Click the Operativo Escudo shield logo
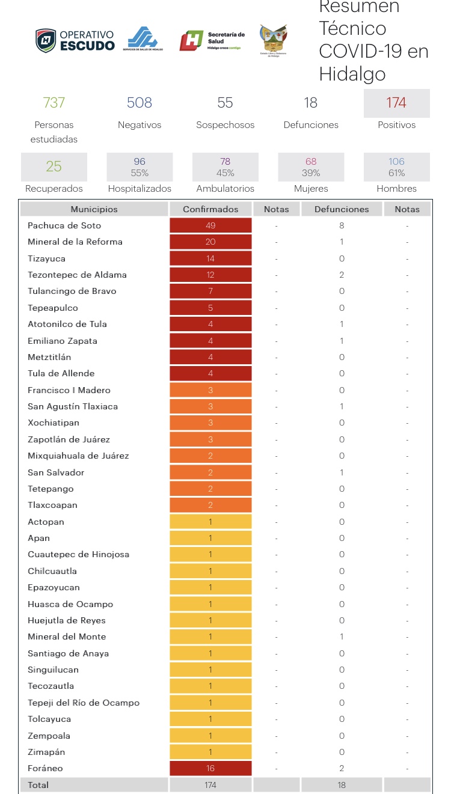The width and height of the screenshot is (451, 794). pyautogui.click(x=46, y=40)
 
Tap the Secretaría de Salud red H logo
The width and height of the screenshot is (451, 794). pyautogui.click(x=191, y=40)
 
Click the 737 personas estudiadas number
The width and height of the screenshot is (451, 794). pyautogui.click(x=54, y=103)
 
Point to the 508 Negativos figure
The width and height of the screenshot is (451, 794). pyautogui.click(x=140, y=103)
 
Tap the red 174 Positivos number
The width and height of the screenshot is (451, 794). pyautogui.click(x=396, y=103)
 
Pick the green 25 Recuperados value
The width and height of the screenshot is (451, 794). pyautogui.click(x=54, y=166)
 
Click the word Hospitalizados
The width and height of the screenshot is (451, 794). pyautogui.click(x=140, y=189)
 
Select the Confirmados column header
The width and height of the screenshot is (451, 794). pyautogui.click(x=210, y=209)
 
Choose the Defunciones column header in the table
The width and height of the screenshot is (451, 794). pyautogui.click(x=342, y=209)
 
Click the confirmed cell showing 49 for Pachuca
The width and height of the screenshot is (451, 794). pyautogui.click(x=210, y=225)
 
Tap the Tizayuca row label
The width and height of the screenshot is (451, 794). pyautogui.click(x=46, y=258)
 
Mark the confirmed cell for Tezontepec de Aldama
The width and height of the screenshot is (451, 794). pyautogui.click(x=210, y=275)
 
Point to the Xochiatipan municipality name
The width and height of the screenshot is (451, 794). pyautogui.click(x=54, y=423)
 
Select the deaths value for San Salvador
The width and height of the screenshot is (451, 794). pyautogui.click(x=342, y=472)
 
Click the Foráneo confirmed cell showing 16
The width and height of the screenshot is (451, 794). pyautogui.click(x=210, y=768)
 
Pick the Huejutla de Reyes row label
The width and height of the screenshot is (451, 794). pyautogui.click(x=67, y=620)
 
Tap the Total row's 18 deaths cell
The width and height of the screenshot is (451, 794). pyautogui.click(x=342, y=785)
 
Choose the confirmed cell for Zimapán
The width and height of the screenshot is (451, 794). pyautogui.click(x=210, y=752)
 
